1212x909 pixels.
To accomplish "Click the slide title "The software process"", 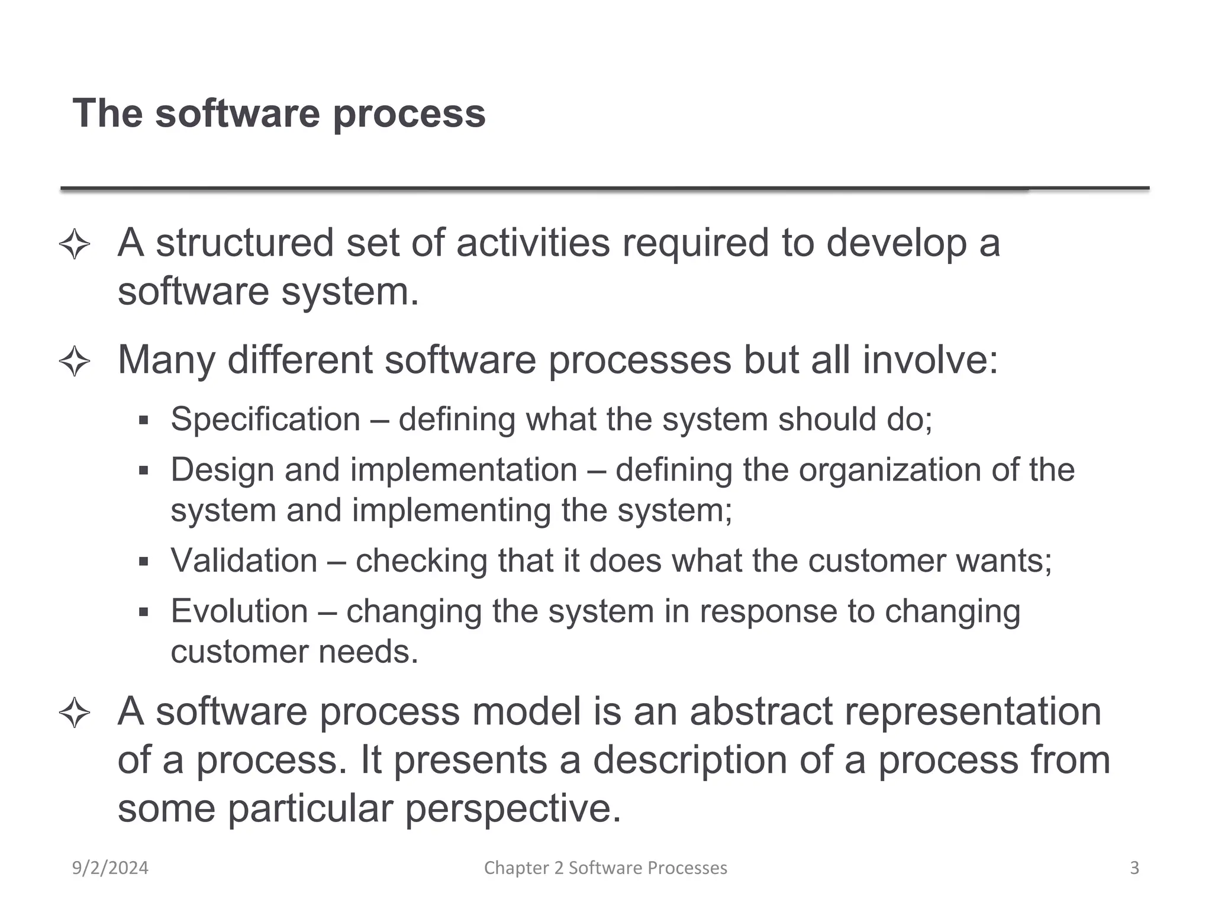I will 279,113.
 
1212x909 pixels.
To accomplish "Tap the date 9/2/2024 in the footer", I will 110,868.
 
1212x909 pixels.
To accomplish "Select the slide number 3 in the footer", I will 1134,868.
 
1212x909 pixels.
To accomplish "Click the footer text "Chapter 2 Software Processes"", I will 605,868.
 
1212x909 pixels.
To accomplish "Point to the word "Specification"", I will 265,420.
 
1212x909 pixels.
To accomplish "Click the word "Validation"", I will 244,560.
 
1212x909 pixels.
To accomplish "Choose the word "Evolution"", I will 239,611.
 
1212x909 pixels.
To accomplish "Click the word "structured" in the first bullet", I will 244,243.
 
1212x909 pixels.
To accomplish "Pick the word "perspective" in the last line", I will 512,808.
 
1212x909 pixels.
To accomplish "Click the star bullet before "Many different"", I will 75,361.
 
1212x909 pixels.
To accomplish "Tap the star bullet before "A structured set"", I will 75,244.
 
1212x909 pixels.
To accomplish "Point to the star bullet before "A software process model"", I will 75,712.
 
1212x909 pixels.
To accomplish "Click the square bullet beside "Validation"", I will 143,561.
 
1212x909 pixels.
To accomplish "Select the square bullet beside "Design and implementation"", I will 143,471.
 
